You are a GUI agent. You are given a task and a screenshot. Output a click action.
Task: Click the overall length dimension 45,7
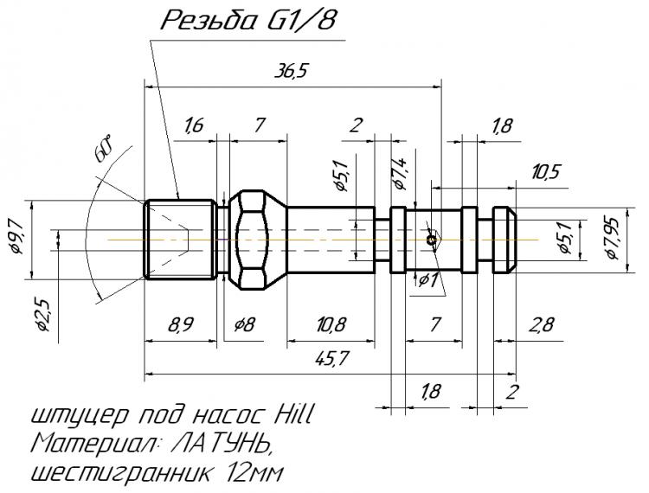(x=325, y=360)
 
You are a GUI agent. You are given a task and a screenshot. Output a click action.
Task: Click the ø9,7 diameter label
(x=19, y=240)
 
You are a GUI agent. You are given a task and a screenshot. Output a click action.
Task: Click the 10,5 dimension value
(x=545, y=171)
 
